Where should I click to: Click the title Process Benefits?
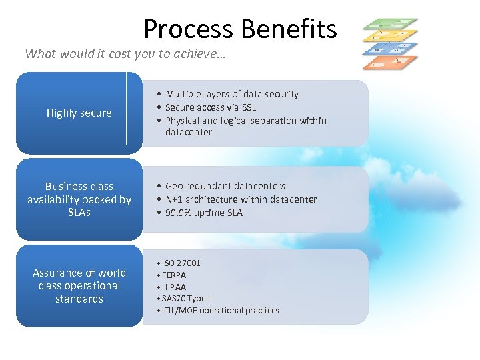coord(240,29)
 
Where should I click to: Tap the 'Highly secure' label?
coord(79,113)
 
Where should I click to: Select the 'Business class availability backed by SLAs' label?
coord(79,199)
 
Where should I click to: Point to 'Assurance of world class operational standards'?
coord(79,285)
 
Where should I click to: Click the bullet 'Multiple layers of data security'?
coord(231,94)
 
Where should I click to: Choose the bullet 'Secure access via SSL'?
coord(210,107)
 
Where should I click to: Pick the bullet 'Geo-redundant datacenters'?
coord(225,186)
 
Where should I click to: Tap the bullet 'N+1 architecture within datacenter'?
coord(241,199)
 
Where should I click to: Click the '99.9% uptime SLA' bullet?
coord(203,213)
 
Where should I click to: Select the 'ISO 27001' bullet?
coord(181,263)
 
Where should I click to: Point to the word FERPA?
coord(174,275)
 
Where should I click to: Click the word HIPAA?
coord(174,287)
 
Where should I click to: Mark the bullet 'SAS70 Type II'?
coord(187,299)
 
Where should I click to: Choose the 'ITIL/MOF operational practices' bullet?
coord(220,311)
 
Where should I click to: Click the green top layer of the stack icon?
coord(390,25)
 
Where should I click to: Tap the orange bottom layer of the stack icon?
coord(389,63)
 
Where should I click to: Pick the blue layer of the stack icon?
coord(389,50)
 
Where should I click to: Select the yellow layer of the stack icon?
coord(389,36)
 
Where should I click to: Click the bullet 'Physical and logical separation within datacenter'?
coord(245,126)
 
